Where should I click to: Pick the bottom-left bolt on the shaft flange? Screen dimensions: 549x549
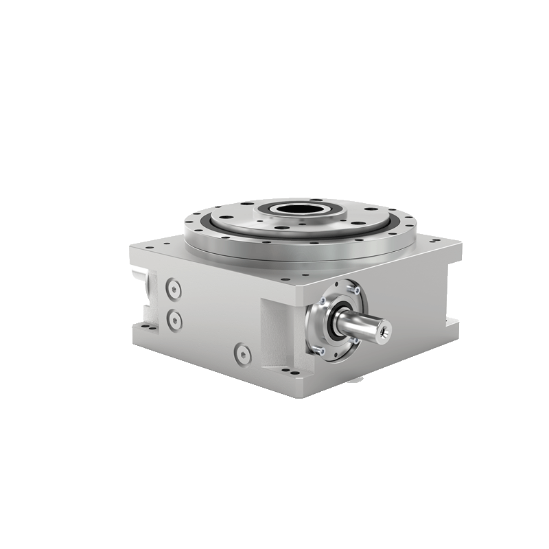pos(320,349)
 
